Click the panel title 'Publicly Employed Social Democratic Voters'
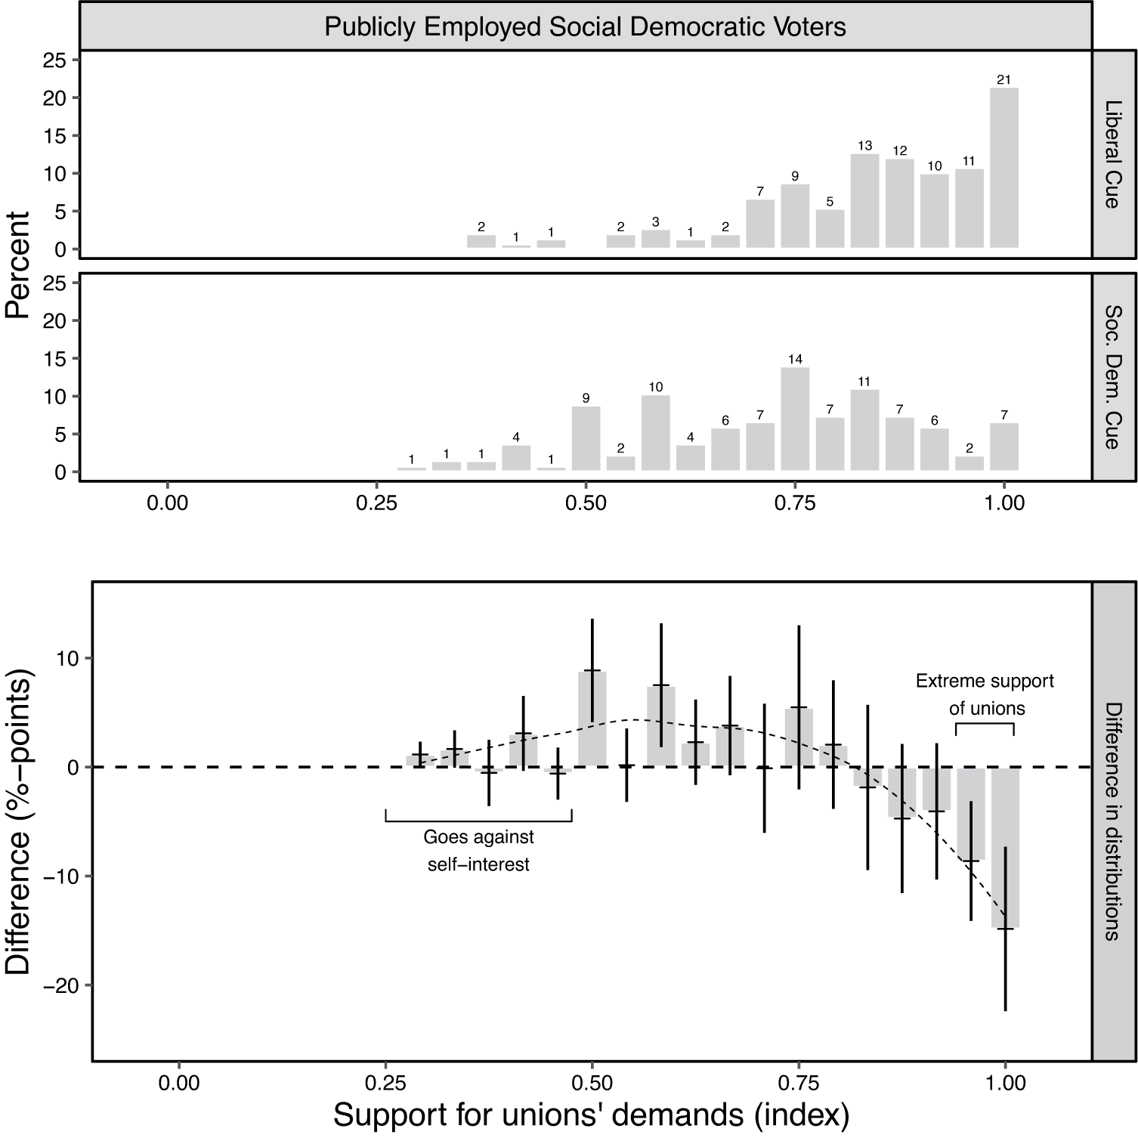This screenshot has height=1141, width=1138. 585,27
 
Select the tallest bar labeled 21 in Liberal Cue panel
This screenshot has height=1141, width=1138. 1003,168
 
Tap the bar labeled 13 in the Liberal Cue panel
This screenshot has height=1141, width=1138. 864,201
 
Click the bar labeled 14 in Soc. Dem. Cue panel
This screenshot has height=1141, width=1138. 795,419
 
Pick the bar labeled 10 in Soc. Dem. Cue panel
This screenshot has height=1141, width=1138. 655,433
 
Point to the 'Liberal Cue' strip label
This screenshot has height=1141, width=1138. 1112,154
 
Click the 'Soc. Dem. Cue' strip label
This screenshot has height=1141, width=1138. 1112,377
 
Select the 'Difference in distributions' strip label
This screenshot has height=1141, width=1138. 1112,821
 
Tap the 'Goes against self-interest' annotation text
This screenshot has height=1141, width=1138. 478,850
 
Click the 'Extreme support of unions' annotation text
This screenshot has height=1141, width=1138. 985,694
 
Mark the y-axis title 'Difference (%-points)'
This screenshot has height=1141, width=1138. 18,821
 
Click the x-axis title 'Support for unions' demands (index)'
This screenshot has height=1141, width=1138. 592,1115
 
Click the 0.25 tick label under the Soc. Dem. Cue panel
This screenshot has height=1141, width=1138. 376,502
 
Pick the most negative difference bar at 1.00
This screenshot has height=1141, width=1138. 1005,847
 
